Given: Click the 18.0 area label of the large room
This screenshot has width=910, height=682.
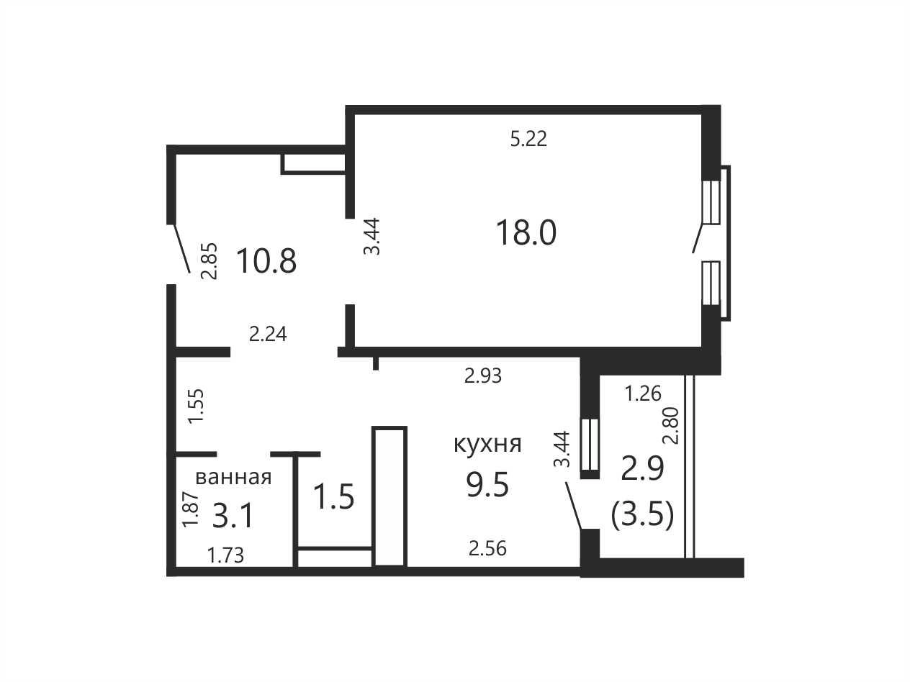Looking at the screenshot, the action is click(526, 232).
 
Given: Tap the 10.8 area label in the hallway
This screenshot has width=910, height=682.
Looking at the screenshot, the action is click(266, 261).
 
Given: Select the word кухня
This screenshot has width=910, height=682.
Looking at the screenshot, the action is click(487, 445).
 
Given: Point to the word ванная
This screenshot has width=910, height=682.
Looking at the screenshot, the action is click(233, 478).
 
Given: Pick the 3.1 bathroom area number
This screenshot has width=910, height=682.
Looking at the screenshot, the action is click(233, 517).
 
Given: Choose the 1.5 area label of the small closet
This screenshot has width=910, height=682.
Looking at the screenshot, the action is click(334, 496).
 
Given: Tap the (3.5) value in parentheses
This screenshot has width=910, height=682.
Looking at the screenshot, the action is click(642, 516).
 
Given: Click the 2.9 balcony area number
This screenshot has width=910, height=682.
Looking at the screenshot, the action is click(642, 469).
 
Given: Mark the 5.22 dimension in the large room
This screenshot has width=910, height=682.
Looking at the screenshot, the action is click(528, 139).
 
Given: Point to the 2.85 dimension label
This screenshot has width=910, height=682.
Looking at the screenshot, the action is click(209, 261).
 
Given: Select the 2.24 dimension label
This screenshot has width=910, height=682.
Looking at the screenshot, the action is click(268, 335).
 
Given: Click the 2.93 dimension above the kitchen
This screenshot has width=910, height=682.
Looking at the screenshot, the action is click(483, 376).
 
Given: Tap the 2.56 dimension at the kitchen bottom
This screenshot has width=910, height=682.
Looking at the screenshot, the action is click(487, 549).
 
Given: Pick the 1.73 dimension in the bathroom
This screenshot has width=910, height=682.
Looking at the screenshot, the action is click(225, 555).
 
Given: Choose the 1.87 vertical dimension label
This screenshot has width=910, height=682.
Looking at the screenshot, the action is click(191, 509).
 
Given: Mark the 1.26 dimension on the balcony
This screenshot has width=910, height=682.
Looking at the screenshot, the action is click(643, 394).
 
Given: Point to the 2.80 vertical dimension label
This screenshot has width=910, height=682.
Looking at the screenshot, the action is click(671, 426).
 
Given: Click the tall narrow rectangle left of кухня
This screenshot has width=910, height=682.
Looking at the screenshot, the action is click(389, 496).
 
